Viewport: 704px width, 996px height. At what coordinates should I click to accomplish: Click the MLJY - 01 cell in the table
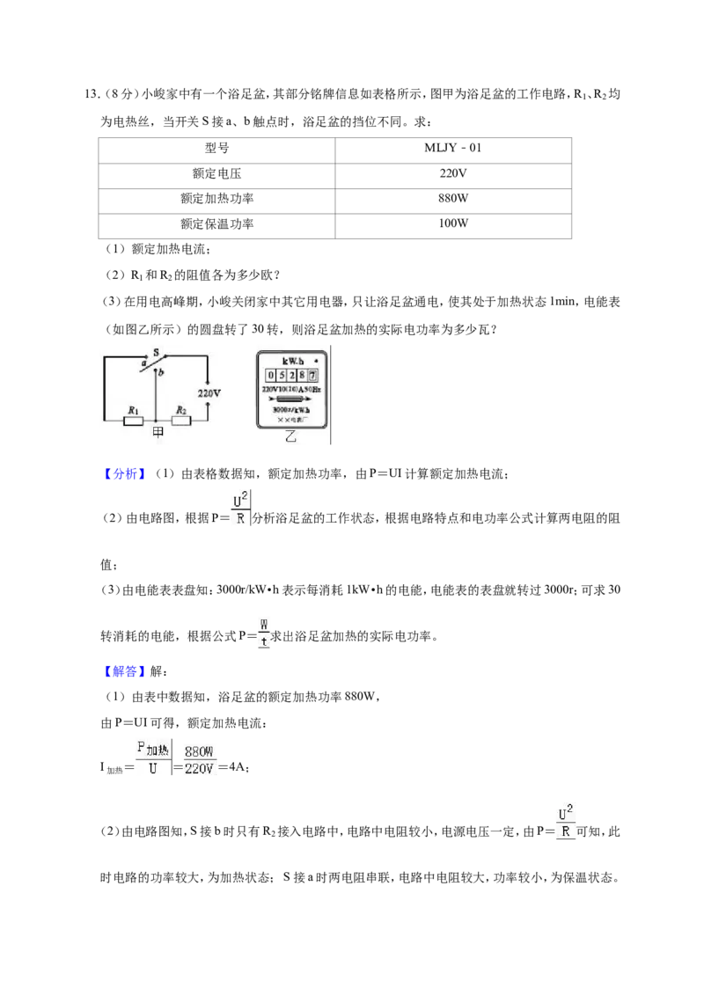(x=453, y=148)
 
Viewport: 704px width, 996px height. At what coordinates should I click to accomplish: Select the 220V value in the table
(x=453, y=173)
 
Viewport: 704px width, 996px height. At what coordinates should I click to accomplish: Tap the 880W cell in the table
(x=453, y=198)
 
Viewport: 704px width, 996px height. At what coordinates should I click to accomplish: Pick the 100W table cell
(x=453, y=223)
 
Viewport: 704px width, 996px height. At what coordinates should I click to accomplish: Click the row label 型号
(x=216, y=148)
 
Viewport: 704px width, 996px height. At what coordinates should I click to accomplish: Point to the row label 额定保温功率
(x=216, y=223)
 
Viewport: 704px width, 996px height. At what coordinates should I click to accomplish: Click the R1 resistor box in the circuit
(x=133, y=421)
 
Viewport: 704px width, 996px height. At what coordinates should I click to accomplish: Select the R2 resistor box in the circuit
(x=181, y=421)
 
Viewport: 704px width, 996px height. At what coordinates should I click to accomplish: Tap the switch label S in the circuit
(x=157, y=352)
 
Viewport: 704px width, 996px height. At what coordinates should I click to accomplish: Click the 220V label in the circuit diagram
(x=209, y=393)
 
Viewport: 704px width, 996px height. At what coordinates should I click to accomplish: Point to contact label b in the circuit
(x=161, y=373)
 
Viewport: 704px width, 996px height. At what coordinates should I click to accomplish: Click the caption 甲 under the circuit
(x=158, y=432)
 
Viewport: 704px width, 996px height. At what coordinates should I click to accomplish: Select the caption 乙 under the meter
(x=290, y=436)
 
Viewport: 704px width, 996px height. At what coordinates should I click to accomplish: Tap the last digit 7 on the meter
(x=312, y=376)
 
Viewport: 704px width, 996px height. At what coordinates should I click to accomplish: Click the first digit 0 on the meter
(x=271, y=376)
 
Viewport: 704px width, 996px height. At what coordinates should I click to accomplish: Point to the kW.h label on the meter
(x=293, y=361)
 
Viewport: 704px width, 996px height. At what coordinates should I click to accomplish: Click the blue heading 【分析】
(x=125, y=474)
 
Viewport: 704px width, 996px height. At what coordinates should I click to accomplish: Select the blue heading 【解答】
(x=125, y=671)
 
